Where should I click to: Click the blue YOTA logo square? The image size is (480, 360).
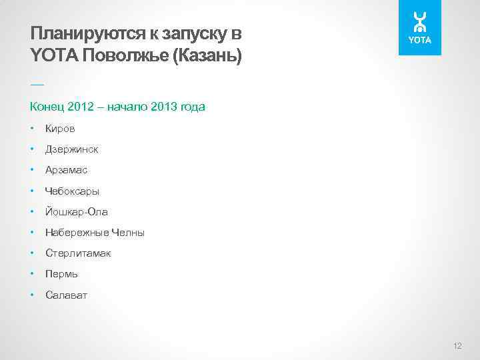pyautogui.click(x=420, y=28)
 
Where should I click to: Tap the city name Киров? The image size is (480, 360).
pyautogui.click(x=60, y=129)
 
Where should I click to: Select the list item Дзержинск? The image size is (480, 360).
pyautogui.click(x=71, y=149)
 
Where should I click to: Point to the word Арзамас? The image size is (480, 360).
pyautogui.click(x=66, y=170)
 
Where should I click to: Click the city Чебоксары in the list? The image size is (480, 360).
pyautogui.click(x=72, y=191)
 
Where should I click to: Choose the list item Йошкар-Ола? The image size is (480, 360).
pyautogui.click(x=76, y=212)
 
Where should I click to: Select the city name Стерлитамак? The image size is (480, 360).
pyautogui.click(x=78, y=253)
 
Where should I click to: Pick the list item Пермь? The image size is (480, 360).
pyautogui.click(x=61, y=274)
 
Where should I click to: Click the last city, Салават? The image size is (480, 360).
pyautogui.click(x=66, y=295)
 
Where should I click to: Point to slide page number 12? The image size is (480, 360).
pyautogui.click(x=457, y=345)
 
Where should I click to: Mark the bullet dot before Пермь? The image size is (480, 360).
pyautogui.click(x=32, y=274)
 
